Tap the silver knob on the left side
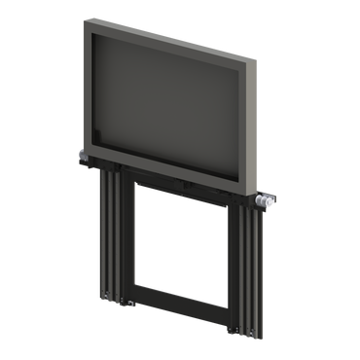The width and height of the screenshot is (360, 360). (80, 156)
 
